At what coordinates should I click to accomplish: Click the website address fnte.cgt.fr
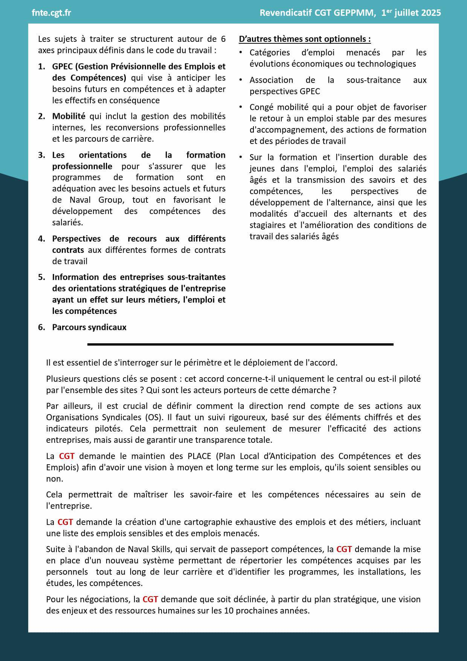coord(51,13)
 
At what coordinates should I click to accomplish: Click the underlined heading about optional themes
coord(305,39)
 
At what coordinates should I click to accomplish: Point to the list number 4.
coord(41,239)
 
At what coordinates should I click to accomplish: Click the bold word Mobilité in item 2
coord(69,116)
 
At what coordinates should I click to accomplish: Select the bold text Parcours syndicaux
coord(89,327)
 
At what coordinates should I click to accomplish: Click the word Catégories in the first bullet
coord(270,52)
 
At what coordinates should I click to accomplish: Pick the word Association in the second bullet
coord(271,80)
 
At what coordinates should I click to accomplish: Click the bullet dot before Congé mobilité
coord(241,107)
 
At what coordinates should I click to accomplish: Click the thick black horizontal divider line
coord(240,344)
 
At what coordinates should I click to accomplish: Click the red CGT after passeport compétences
coord(344,549)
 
